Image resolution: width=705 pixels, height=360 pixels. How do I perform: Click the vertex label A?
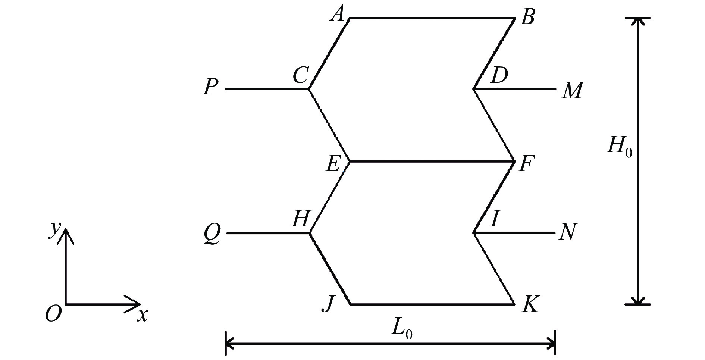pos(338,15)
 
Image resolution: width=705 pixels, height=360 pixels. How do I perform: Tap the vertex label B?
pos(528,17)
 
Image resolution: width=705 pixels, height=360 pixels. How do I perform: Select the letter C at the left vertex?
pos(300,75)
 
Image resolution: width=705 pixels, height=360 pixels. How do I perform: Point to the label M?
pos(572,91)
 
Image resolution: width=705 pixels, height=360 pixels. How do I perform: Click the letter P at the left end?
pos(211,87)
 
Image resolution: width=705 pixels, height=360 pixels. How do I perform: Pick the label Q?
pos(212,234)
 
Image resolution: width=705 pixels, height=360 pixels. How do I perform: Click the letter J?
pos(328,304)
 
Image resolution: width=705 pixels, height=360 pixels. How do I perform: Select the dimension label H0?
pos(620,146)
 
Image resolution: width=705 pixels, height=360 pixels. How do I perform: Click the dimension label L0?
pos(402,329)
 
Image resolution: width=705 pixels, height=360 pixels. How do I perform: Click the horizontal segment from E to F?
pos(432,162)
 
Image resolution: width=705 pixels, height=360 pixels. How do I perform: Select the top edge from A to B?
pos(432,18)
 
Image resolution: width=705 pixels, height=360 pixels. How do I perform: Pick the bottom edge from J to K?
pos(432,304)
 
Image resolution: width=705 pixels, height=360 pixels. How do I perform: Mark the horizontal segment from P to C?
pos(267,89)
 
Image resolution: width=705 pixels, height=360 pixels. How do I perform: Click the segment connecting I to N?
pos(514,232)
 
